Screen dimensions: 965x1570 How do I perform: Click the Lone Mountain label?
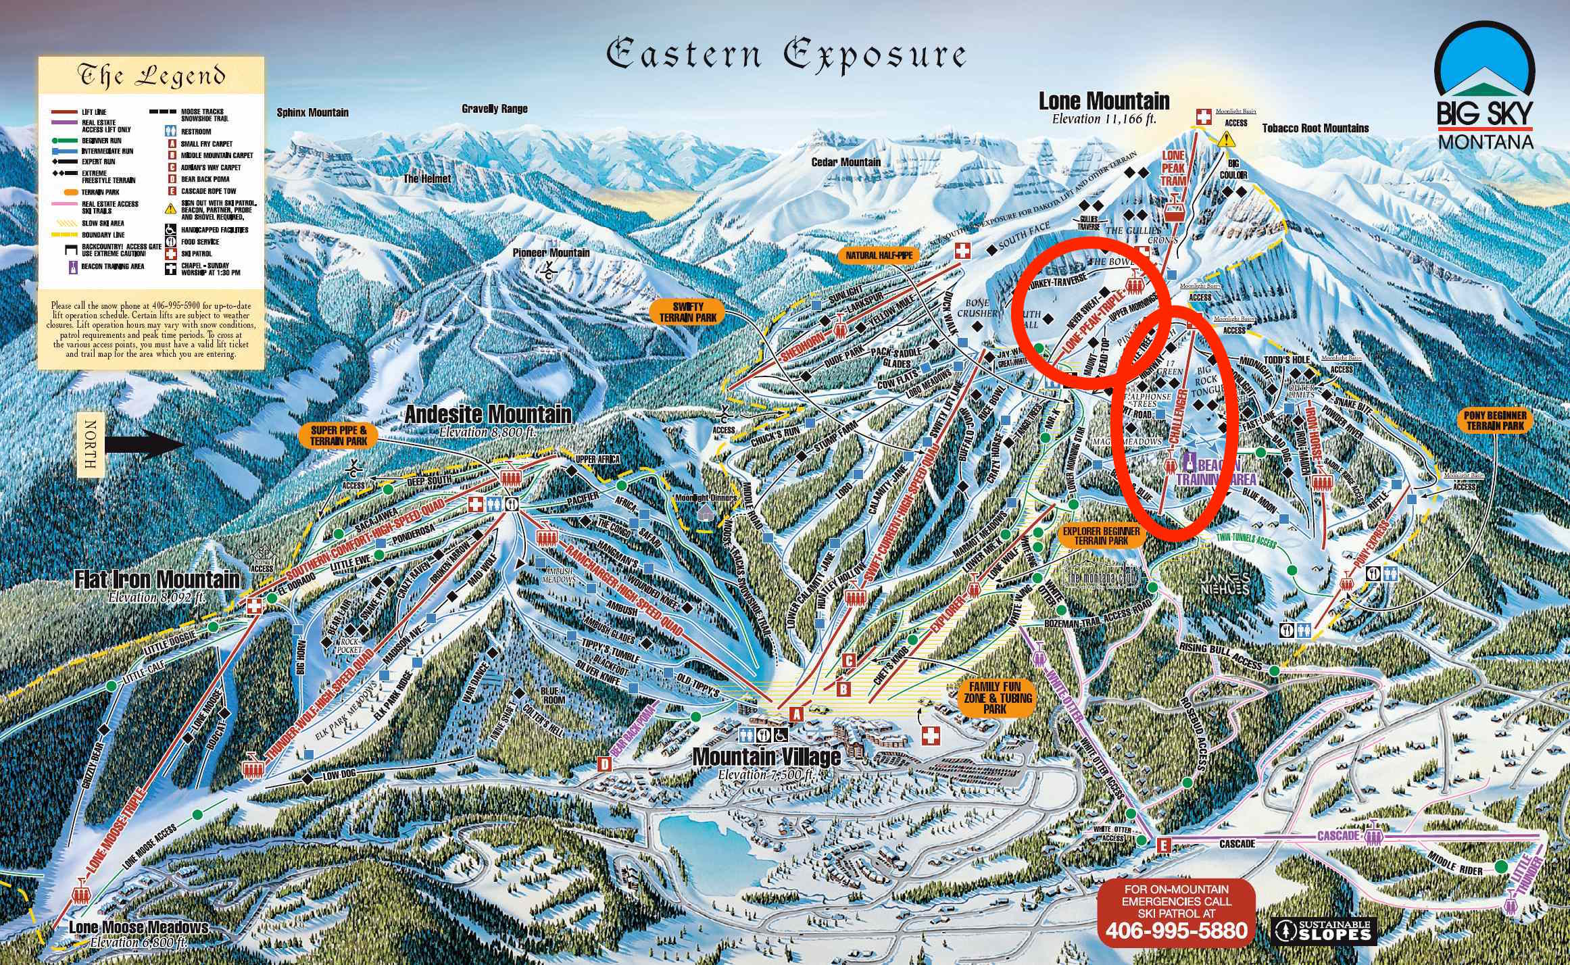pyautogui.click(x=1104, y=102)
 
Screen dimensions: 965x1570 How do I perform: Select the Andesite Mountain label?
pyautogui.click(x=487, y=414)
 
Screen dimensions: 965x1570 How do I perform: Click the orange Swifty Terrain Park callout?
pyautogui.click(x=687, y=312)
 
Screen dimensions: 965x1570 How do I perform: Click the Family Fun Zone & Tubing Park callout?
pyautogui.click(x=995, y=697)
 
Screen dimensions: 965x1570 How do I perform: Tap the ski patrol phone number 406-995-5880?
pyautogui.click(x=1176, y=931)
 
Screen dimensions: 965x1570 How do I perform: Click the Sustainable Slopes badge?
pyautogui.click(x=1323, y=930)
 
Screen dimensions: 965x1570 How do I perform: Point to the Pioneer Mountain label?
pyautogui.click(x=551, y=253)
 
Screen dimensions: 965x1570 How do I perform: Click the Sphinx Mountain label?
pyautogui.click(x=312, y=113)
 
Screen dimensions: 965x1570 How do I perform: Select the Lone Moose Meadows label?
pyautogui.click(x=139, y=928)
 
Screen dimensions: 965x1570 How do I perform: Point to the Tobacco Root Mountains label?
pyautogui.click(x=1315, y=128)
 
